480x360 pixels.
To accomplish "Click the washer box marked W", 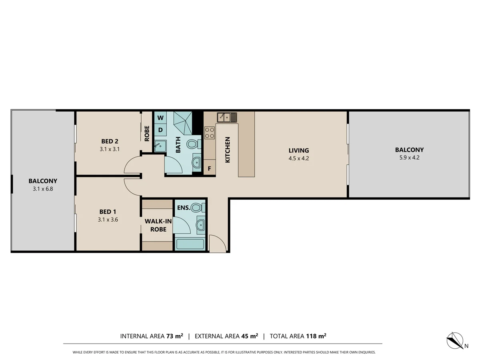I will pos(160,118).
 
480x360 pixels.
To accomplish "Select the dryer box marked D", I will pos(160,130).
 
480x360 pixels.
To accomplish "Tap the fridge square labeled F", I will pos(209,168).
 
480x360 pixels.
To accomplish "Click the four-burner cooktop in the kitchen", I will pos(210,132).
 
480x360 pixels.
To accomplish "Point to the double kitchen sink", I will pos(227,117).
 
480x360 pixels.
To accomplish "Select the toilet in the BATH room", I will pos(193,144).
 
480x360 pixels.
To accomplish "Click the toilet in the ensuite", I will pos(197,208).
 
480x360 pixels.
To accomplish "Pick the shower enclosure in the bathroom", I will pos(184,123).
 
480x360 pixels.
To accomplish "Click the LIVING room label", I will pos(299,151).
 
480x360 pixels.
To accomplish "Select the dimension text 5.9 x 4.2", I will pos(409,158).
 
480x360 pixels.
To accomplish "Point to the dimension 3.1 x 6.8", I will pos(43,188).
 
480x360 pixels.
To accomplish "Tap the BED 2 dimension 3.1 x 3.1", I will pos(110,149).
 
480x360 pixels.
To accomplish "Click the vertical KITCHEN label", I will pos(228,150).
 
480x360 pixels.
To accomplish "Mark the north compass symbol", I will pos(455,340).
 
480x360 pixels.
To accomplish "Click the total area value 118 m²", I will pos(316,336).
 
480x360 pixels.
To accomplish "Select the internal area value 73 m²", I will pos(174,336).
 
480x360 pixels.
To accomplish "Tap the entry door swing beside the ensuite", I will pos(217,243).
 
